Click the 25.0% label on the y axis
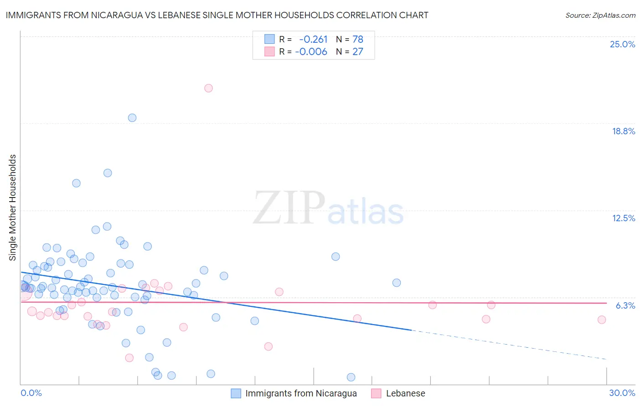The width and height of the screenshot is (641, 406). pos(622,44)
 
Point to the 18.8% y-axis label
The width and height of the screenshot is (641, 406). pos(623,131)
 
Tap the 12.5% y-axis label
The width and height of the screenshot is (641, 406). pos(623,218)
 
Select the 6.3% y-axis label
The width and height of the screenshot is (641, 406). pos(625,305)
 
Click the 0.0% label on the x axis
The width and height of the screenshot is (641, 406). pos(31,393)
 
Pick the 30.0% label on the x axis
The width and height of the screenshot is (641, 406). pos(622,393)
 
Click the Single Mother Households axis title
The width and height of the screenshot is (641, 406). pos(13,208)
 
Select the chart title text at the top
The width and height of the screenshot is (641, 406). pos(217,15)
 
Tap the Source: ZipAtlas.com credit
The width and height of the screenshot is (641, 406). pos(600,15)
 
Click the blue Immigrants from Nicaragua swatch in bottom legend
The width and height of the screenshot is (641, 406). pos(236,393)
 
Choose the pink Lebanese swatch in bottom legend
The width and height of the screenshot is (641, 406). pos(376,393)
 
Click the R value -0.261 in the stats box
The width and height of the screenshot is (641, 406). pos(313,39)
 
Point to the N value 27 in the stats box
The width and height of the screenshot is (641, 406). pos(357,51)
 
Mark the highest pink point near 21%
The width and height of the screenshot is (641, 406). pos(208,88)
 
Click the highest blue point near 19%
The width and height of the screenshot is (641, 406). pos(132,118)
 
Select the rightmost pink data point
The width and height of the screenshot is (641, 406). pos(601,320)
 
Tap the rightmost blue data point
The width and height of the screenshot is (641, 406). pos(397,283)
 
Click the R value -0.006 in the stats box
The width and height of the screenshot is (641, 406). pos(311,51)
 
